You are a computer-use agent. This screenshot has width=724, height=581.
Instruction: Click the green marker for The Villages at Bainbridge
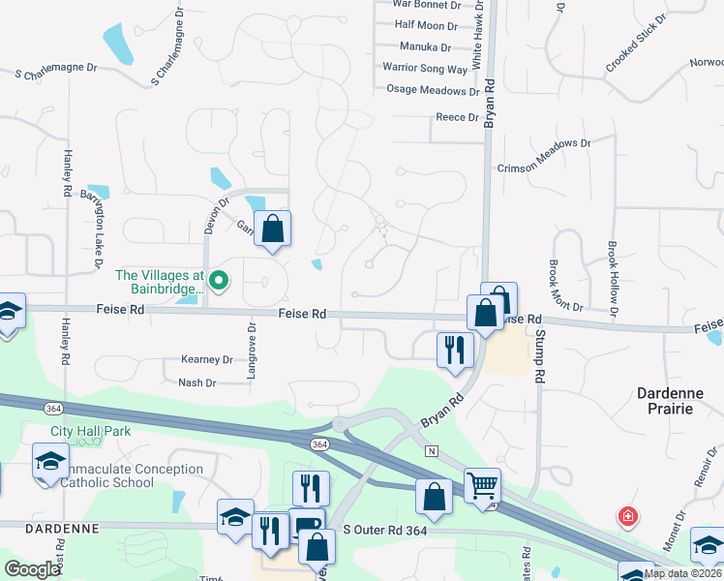219,282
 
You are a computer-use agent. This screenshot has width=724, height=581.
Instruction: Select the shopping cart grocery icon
482,484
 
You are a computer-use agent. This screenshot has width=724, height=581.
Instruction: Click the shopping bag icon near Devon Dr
273,229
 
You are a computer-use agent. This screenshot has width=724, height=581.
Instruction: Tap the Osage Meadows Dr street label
433,90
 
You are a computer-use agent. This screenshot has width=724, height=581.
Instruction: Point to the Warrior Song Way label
425,69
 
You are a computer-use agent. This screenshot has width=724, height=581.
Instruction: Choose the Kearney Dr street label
207,359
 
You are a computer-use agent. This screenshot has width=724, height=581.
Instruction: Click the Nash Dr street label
197,383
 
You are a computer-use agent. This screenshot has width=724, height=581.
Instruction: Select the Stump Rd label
540,353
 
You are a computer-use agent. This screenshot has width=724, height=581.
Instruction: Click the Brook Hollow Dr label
613,279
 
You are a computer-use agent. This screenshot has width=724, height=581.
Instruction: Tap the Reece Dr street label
457,117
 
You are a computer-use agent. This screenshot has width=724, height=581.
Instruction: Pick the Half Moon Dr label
426,25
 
